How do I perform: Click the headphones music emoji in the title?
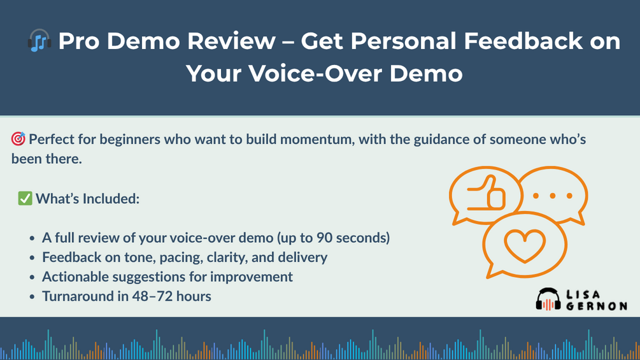tap(39, 40)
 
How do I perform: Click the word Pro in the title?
tap(78, 41)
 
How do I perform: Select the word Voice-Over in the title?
tap(315, 74)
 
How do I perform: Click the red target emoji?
tap(18, 139)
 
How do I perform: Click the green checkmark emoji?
tap(25, 198)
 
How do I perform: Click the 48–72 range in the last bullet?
tap(153, 296)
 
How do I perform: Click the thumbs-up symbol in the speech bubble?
tap(486, 193)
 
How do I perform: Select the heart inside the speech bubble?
tap(525, 246)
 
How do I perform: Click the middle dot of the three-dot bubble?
tap(552, 196)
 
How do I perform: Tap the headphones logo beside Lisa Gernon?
tap(548, 299)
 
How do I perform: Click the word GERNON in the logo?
tap(596, 306)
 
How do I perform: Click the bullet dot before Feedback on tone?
tap(32, 258)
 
